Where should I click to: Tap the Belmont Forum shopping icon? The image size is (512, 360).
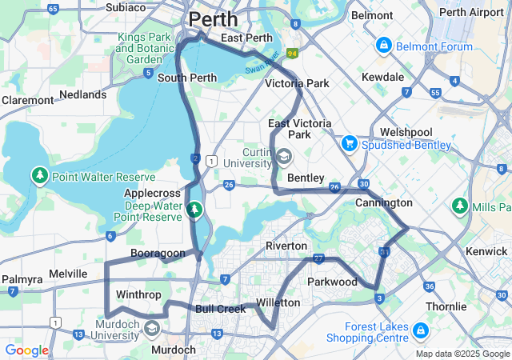pos(384,45)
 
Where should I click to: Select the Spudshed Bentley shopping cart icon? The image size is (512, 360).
pos(349,144)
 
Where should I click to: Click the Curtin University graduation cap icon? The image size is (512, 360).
pos(284,154)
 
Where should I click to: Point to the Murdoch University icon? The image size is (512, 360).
pos(152,327)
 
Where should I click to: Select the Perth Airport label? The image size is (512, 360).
pos(478,13)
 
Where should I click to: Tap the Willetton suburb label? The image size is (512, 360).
pos(278,302)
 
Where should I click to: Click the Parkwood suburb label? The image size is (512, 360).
pos(332,282)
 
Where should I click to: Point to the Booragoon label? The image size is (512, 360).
pos(158,253)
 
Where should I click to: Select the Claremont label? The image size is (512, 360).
pos(27,100)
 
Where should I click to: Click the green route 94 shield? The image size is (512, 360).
pos(293,54)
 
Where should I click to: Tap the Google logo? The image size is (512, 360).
pos(26,350)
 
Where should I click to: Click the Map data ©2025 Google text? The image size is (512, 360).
pos(462,354)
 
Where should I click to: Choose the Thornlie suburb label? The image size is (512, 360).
pos(446,306)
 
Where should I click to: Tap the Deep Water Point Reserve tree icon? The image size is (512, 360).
pos(194,210)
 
